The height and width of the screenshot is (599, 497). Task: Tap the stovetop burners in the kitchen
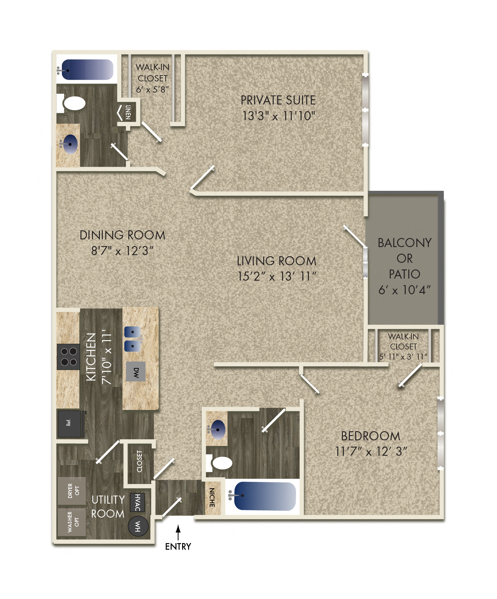(x=69, y=357)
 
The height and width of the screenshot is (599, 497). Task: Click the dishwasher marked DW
(x=136, y=373)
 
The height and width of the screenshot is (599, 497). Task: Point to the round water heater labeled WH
(x=138, y=526)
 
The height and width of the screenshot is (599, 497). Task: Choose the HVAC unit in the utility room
(x=137, y=502)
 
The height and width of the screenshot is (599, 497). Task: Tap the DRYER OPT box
(x=72, y=491)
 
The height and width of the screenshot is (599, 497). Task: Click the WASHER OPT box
(x=72, y=522)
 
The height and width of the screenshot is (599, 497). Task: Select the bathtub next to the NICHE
(x=265, y=496)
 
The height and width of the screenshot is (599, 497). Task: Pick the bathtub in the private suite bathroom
(x=87, y=70)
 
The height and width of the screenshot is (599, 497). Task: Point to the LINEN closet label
(x=128, y=112)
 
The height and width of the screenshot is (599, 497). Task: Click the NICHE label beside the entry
(x=212, y=498)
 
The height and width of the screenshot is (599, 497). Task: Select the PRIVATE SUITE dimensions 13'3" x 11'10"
(x=279, y=116)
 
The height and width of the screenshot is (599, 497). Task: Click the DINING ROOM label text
(x=122, y=235)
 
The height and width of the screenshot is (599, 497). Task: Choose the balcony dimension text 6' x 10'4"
(x=404, y=290)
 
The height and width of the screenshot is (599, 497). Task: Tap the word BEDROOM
(x=370, y=436)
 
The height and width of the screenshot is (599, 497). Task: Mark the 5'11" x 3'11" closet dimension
(x=403, y=357)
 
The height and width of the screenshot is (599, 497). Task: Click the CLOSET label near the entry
(x=139, y=461)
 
